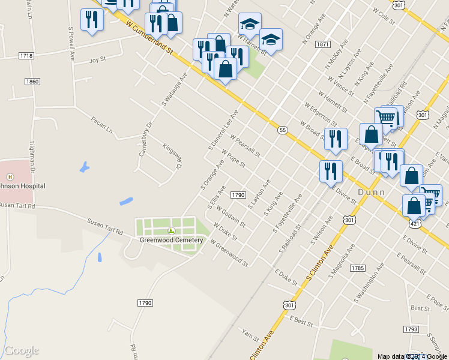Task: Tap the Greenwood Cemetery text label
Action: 172,241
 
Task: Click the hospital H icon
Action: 10,176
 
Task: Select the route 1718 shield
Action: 26,56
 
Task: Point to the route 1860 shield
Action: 32,81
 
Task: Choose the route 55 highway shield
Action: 282,130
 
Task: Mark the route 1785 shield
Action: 358,268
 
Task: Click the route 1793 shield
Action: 411,329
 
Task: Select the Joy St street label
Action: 97,60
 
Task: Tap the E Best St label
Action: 301,322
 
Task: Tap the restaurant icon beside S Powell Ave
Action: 92,20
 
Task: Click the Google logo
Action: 22,350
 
